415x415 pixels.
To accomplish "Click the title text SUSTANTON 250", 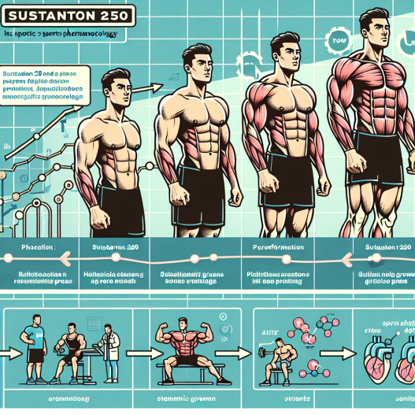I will pyautogui.click(x=69, y=15).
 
